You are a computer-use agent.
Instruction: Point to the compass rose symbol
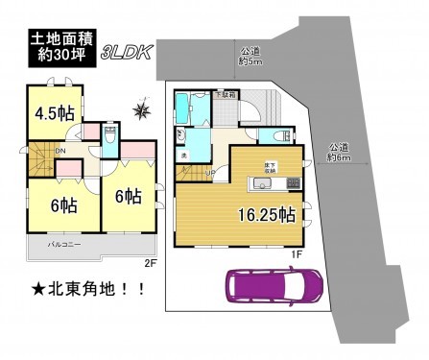point(143,112)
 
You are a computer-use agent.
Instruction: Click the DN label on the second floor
point(60,151)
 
